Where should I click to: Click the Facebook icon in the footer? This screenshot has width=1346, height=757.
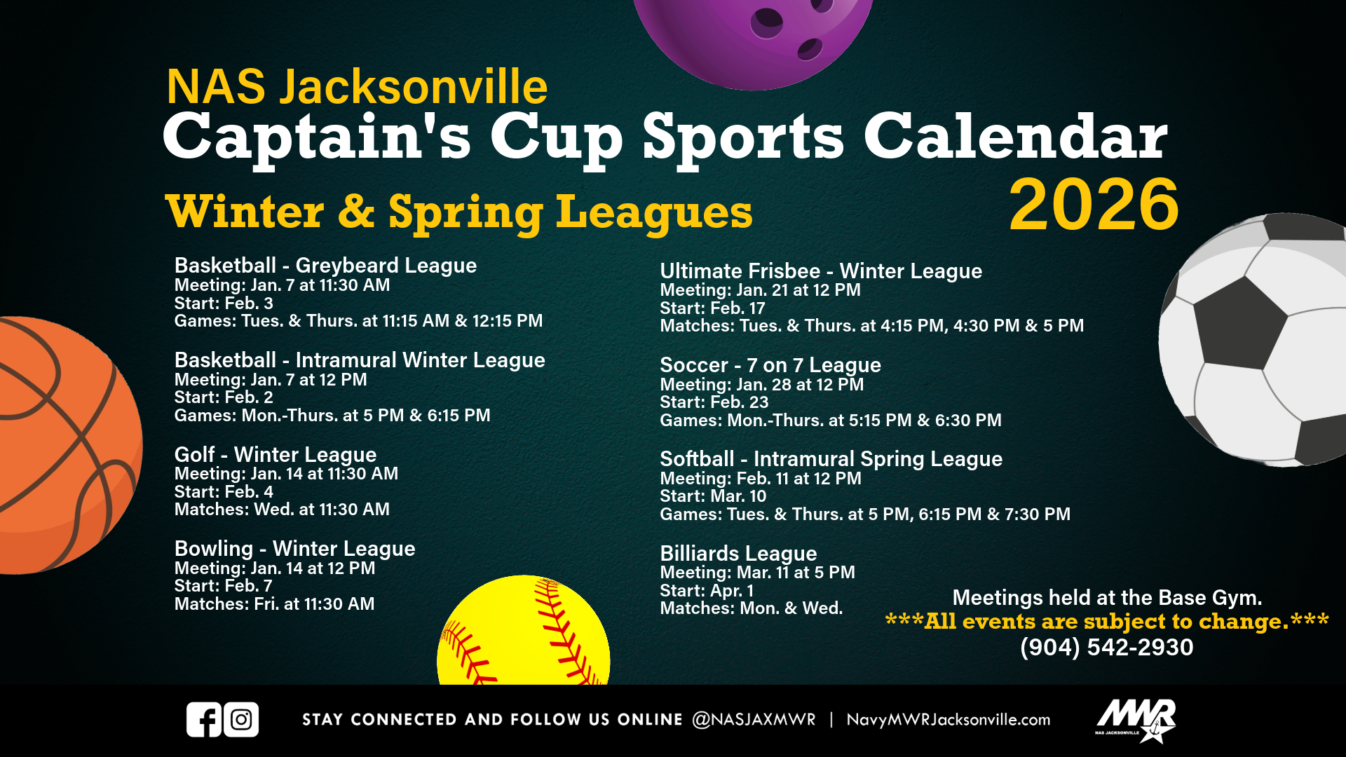tap(204, 719)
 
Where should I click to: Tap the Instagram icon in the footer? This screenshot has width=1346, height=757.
tap(241, 719)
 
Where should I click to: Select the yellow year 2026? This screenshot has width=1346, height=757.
tap(1094, 205)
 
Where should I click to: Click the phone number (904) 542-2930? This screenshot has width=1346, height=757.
tap(1106, 647)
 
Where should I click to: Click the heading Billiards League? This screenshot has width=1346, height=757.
tap(738, 553)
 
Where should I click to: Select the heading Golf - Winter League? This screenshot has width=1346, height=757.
tap(275, 454)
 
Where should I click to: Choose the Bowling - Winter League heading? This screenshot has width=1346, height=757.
tap(294, 548)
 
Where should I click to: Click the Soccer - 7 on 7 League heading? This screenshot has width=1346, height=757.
tap(770, 364)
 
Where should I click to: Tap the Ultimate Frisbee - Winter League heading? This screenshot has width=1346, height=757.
tap(820, 271)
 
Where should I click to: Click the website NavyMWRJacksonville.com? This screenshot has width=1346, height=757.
tap(948, 720)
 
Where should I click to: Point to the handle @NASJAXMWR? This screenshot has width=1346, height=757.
tap(754, 720)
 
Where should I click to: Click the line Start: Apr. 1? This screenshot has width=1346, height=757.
tap(706, 590)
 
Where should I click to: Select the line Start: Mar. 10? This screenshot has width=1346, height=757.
tap(713, 496)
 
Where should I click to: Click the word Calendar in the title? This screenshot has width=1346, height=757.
tap(1015, 137)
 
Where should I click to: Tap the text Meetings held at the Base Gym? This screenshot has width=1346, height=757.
tap(1107, 597)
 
